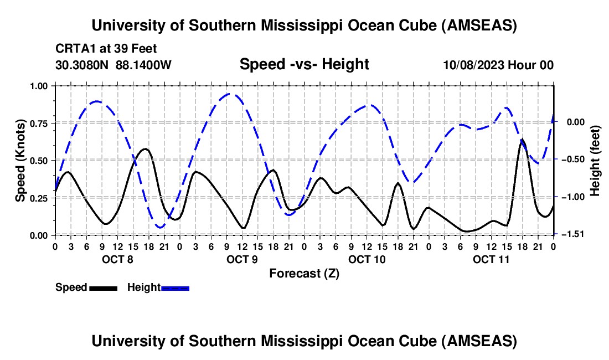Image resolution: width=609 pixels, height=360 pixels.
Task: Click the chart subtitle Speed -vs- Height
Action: pos(304,65)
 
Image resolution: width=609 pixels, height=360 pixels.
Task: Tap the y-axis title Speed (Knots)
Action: pos(20,160)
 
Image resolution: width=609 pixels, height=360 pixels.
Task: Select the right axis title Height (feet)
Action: pos(595,160)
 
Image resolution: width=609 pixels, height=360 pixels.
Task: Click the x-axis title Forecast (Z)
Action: pos(304,273)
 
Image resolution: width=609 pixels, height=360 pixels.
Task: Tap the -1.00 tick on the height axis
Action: pos(571,197)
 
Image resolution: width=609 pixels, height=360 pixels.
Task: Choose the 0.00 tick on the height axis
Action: pos(571,122)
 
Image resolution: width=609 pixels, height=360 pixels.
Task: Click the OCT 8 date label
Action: pos(117,259)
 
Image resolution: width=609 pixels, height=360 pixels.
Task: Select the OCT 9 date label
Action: pos(241,259)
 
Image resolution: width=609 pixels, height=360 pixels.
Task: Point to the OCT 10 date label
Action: pos(367,259)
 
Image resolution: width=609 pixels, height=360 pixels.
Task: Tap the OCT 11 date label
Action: pos(491,259)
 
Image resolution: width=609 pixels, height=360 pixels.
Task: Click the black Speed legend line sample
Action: pos(103,287)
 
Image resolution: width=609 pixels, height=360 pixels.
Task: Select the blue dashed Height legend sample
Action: pos(175,287)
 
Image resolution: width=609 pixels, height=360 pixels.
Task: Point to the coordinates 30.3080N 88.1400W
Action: pos(113,65)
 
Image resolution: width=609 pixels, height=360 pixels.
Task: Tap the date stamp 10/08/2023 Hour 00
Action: pos(498,65)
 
